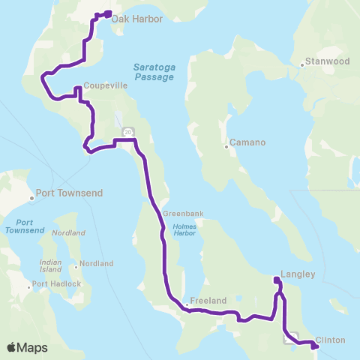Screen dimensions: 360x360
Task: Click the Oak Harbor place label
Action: click(x=137, y=19)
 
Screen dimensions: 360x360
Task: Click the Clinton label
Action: click(x=331, y=340)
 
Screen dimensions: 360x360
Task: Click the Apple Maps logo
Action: click(x=27, y=347)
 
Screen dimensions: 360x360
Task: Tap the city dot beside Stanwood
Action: click(x=301, y=64)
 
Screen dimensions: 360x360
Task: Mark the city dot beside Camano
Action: click(x=226, y=147)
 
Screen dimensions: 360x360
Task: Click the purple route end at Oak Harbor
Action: click(x=109, y=13)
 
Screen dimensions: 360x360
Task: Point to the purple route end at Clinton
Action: click(x=315, y=346)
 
